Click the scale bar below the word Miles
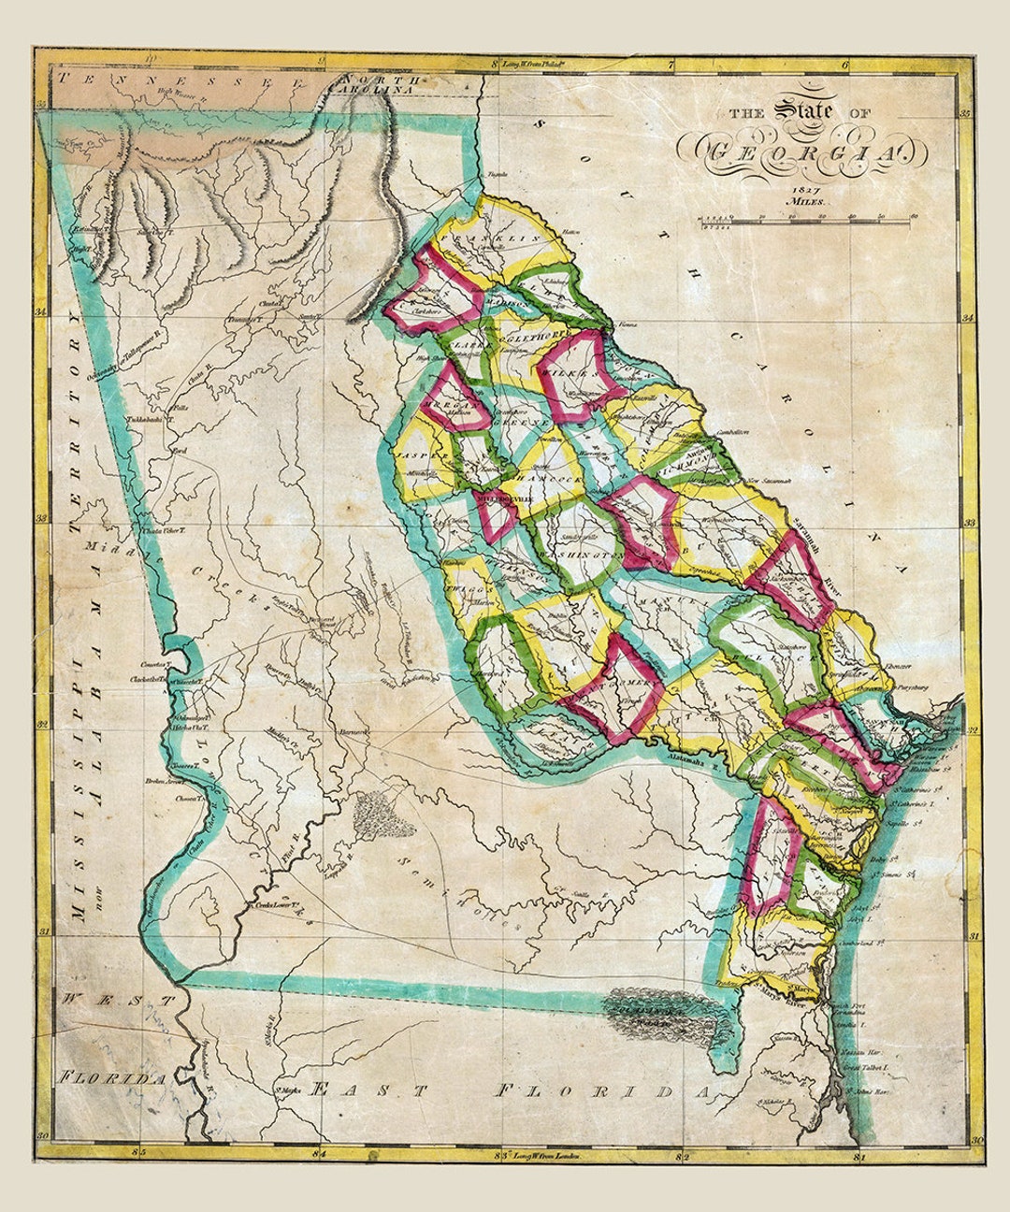(x=804, y=222)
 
